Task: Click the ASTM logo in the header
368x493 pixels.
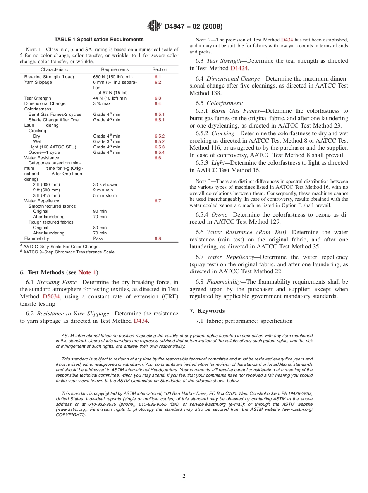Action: (154, 26)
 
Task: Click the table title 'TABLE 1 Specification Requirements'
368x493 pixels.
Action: (99, 40)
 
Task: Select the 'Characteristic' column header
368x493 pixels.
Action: (54, 69)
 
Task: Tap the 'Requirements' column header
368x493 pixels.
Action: (115, 69)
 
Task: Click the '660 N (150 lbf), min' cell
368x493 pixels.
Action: (113, 77)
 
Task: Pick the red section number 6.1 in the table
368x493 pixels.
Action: (158, 77)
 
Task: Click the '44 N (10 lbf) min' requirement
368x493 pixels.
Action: (110, 98)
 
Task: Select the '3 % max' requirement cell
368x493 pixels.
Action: (101, 104)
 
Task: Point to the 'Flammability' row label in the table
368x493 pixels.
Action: (36, 239)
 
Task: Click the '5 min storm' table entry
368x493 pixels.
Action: (105, 196)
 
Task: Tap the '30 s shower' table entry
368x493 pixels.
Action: (105, 185)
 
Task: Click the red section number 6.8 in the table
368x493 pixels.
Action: (158, 239)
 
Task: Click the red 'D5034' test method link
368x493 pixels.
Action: (51, 296)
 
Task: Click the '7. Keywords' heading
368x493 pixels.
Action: (207, 311)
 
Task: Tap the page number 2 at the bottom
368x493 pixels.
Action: (184, 476)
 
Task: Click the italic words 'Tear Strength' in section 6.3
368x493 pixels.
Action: (223, 61)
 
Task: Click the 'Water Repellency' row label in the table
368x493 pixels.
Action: (41, 201)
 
